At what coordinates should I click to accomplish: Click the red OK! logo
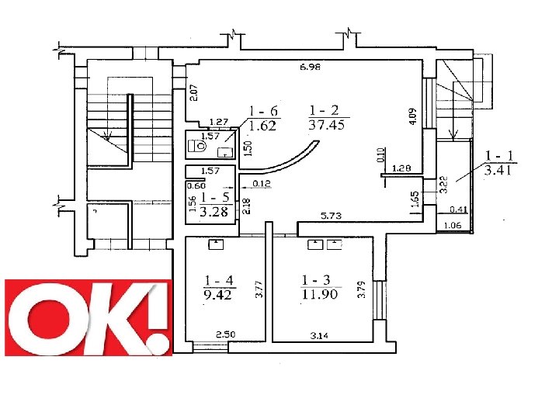89,317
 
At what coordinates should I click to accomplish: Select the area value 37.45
327,125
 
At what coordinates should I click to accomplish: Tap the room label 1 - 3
316,280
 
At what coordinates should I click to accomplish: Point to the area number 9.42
217,295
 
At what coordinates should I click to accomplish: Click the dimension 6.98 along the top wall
310,67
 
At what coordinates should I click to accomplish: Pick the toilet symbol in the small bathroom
197,145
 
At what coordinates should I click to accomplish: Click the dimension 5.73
332,216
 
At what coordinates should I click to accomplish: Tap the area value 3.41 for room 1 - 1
498,170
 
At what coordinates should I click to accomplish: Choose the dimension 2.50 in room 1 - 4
226,334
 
